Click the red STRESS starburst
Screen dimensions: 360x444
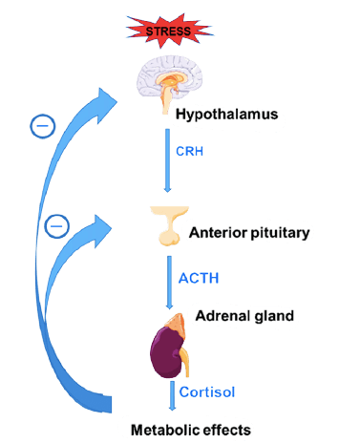tap(168, 31)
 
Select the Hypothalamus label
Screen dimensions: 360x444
tap(226, 115)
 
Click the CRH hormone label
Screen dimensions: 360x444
tap(189, 151)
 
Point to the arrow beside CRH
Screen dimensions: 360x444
tap(167, 160)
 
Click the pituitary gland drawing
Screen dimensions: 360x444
tap(169, 225)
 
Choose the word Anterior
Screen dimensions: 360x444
tap(218, 233)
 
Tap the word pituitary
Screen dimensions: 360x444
tap(280, 233)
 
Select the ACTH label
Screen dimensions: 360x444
tap(199, 278)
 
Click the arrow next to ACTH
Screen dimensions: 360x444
tap(169, 283)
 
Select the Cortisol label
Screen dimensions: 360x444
tap(207, 391)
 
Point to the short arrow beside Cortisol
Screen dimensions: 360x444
tap(172, 395)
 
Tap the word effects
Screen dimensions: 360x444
tap(226, 430)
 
